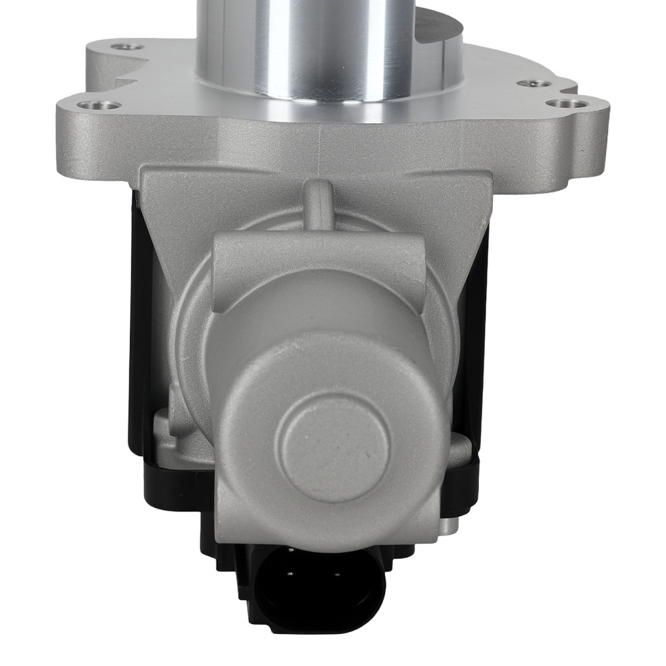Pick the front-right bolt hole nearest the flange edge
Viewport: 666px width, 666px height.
pyautogui.click(x=567, y=105)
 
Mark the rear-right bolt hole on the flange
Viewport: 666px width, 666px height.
pyautogui.click(x=526, y=85)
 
